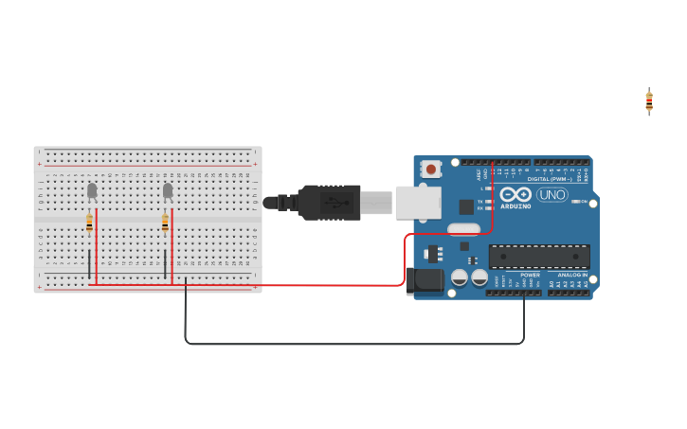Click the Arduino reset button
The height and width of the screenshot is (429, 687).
click(431, 170)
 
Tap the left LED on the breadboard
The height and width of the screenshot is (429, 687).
click(92, 191)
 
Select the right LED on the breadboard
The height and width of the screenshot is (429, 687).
click(168, 191)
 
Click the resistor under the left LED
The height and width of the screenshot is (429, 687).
click(89, 223)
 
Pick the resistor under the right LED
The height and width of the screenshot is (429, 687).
click(165, 223)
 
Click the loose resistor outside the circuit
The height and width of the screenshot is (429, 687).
click(649, 101)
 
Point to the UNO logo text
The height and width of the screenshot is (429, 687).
click(552, 195)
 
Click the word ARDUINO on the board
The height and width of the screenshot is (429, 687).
click(515, 206)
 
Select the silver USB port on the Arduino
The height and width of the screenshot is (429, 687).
click(418, 202)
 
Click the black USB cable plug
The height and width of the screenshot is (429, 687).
click(330, 203)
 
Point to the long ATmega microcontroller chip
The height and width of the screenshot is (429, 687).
click(539, 257)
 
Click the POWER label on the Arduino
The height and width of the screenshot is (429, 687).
click(530, 276)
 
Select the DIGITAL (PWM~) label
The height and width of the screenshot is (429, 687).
click(550, 179)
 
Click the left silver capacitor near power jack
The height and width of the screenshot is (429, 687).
click(460, 277)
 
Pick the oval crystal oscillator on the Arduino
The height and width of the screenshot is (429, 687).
click(463, 228)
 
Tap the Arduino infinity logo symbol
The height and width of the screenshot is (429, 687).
click(515, 193)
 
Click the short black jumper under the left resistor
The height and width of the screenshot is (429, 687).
click(89, 264)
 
